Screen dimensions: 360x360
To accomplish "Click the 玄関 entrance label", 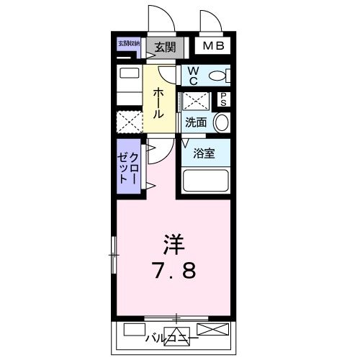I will (x=164, y=48).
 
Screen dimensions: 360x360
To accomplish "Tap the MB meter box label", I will (x=212, y=47).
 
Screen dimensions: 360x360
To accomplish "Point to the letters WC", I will (x=194, y=74).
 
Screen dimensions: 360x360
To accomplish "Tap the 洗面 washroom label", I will (x=196, y=122).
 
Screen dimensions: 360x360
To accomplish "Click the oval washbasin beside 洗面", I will (x=222, y=122).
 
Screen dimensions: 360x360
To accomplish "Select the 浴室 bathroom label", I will (x=204, y=153).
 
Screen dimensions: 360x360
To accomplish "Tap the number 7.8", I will (x=173, y=273).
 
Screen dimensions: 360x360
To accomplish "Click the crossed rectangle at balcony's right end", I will (x=214, y=330).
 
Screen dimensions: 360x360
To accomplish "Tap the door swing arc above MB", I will (x=211, y=22).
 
